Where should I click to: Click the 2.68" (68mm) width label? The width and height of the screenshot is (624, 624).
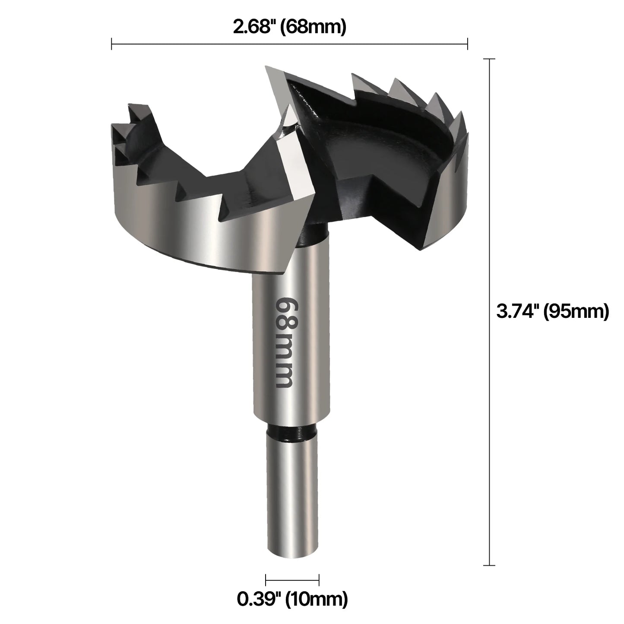(289, 28)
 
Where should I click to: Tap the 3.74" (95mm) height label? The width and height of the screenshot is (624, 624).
(552, 311)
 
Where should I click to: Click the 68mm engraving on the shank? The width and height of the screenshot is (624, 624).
(286, 342)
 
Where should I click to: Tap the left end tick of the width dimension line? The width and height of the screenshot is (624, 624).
(112, 44)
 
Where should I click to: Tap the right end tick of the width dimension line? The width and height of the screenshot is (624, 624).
(467, 44)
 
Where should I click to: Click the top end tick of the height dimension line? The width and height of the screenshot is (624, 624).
(489, 59)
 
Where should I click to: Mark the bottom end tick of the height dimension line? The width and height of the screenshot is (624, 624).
(489, 565)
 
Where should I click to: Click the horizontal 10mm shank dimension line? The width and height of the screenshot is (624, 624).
(292, 580)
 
